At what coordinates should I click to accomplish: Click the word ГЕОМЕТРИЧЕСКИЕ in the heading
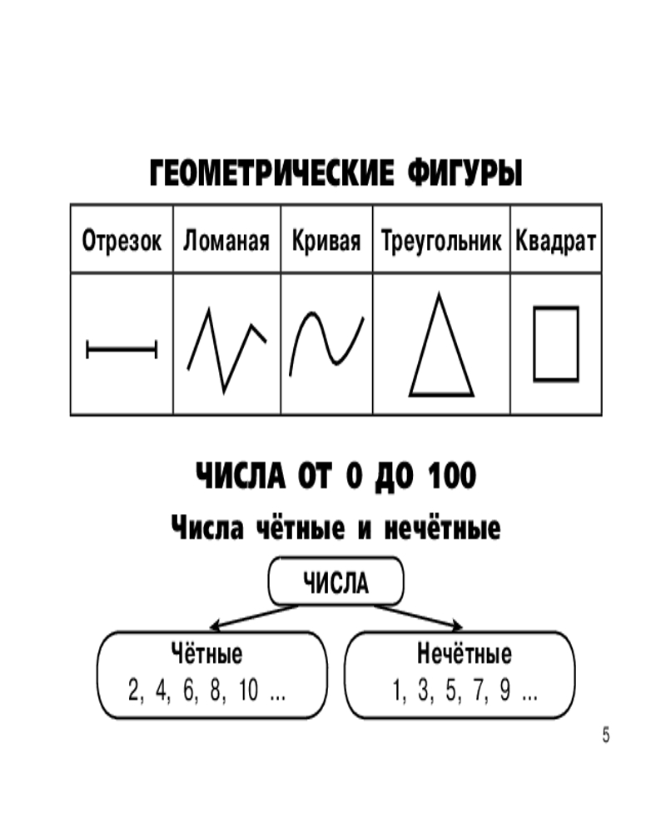click(x=272, y=173)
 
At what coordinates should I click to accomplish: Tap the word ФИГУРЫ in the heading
click(x=465, y=173)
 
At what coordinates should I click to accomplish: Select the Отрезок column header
click(x=122, y=240)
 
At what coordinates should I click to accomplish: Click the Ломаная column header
click(x=226, y=240)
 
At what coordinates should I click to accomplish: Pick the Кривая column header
click(x=326, y=240)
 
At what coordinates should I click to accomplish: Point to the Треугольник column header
click(x=441, y=240)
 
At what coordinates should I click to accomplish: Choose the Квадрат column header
click(x=555, y=240)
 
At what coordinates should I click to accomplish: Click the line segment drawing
click(x=122, y=349)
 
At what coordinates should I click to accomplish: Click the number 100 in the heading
click(x=452, y=476)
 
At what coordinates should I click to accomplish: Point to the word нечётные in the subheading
click(x=442, y=527)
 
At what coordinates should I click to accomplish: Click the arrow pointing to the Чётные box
click(x=255, y=617)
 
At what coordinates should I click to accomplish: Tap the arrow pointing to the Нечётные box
click(x=418, y=616)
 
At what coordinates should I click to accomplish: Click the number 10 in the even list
click(x=248, y=690)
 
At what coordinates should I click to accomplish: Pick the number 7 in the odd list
click(x=479, y=690)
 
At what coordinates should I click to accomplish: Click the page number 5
click(x=606, y=736)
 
